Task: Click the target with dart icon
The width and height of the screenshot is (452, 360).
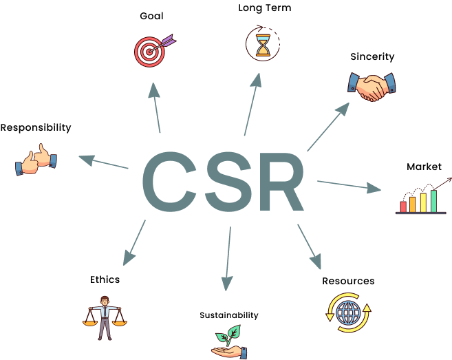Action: coord(151,51)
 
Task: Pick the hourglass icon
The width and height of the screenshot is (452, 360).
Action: coord(263,45)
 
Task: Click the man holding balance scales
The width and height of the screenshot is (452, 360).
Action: coord(105,317)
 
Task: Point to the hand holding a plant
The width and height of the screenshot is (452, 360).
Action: coord(228,342)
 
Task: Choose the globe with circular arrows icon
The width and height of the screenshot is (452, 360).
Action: coord(348,313)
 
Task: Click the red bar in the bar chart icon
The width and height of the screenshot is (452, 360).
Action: coord(403,207)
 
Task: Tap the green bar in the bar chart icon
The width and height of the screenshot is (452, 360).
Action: coord(434,201)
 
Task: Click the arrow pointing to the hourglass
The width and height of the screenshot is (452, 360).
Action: coord(252,105)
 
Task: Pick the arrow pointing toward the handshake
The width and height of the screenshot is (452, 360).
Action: coord(328,127)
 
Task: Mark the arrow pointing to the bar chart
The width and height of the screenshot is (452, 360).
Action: coord(348,185)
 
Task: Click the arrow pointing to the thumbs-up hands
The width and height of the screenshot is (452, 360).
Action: coord(104,162)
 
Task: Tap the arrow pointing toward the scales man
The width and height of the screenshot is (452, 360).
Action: coord(134,242)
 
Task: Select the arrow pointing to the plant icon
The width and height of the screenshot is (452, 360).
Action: coord(228,259)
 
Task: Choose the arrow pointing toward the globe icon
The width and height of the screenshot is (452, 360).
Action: coord(309,246)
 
